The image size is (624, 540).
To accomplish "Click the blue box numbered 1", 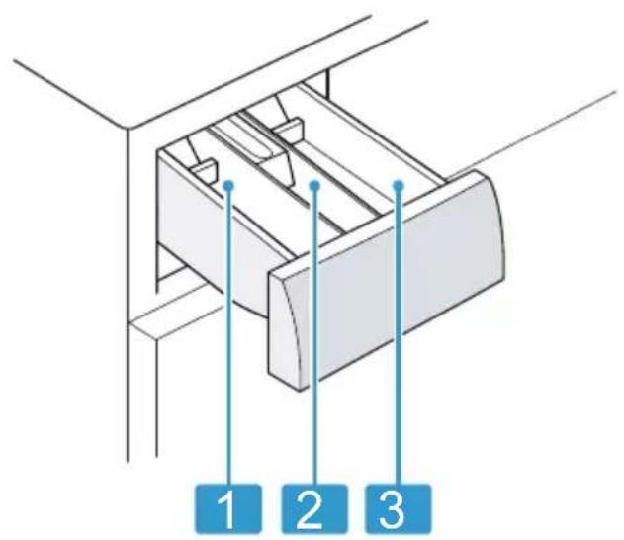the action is pos(228,507).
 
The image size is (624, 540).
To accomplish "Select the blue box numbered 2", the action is pos(314,507).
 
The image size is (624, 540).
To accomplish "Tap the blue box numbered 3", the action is pos(400,507).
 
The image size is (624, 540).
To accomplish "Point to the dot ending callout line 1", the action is pos(228,185).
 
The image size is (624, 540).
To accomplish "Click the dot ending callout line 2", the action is pos(314,185).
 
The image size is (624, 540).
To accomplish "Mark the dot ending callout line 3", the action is pos(400,185).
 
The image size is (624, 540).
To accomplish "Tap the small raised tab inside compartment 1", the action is pos(204,170).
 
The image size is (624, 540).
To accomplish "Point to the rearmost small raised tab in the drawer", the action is pos(288,129).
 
